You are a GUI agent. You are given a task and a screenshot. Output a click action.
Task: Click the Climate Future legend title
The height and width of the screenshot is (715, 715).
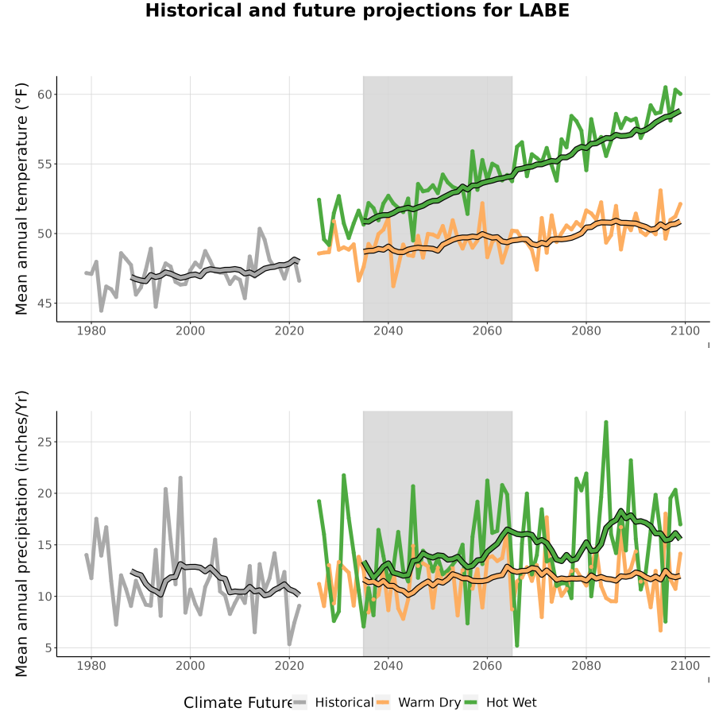coord(238,703)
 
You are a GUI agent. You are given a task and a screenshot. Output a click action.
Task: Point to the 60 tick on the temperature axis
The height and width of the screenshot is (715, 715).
coord(44,95)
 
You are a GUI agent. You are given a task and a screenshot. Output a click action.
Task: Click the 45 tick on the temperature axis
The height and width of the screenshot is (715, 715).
coord(44,303)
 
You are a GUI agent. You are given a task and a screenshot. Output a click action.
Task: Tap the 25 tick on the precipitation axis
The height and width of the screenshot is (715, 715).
coord(44,442)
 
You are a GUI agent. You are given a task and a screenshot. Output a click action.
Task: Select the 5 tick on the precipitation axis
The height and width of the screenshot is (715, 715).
coord(48,648)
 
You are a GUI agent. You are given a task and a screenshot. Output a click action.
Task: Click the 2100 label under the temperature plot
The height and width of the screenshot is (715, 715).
coord(685,330)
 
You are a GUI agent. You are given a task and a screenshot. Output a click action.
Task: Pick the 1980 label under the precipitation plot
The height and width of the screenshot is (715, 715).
coord(91,666)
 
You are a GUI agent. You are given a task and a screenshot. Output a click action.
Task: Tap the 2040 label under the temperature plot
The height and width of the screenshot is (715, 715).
coord(388,330)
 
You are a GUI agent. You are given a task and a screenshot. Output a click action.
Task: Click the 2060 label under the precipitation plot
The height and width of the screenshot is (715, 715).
coord(487,666)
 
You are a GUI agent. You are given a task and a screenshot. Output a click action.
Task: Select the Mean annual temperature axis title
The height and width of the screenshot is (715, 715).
coord(21,199)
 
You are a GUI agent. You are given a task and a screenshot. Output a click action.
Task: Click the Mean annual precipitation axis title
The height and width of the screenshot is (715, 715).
coord(21,534)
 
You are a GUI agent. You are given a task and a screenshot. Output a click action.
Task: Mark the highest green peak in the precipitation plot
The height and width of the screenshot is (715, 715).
coord(606,422)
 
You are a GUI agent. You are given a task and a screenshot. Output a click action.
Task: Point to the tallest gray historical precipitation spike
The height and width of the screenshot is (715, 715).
coord(180,477)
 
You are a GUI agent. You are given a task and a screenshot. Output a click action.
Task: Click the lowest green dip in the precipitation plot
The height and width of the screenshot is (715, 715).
coord(516,646)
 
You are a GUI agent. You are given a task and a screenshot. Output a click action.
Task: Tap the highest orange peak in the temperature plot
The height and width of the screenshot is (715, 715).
coord(660,190)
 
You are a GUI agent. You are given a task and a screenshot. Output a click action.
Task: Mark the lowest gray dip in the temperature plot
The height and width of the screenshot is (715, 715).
coord(101,311)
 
